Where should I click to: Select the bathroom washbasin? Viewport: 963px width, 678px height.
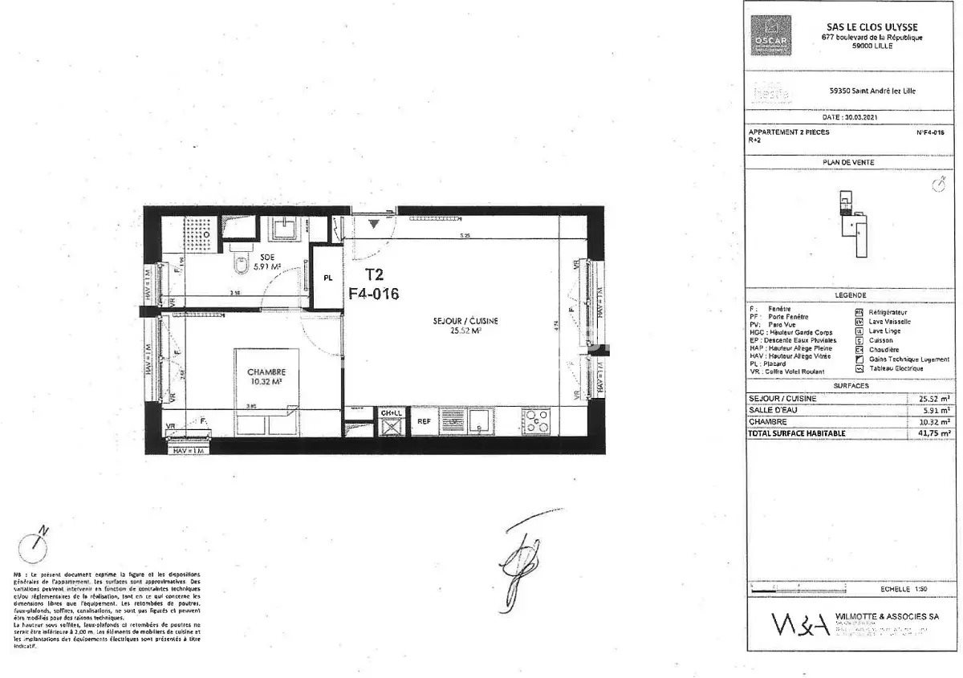click(x=283, y=229)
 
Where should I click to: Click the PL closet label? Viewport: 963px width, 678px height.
click(x=328, y=278)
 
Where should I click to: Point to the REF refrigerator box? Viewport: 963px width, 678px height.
click(x=424, y=420)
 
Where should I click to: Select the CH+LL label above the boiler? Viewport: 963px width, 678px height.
click(x=391, y=412)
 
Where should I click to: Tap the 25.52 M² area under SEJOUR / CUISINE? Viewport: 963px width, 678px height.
click(x=465, y=329)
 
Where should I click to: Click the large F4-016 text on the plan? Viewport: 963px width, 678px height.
click(x=373, y=294)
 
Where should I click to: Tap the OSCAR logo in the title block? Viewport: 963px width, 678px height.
click(x=771, y=37)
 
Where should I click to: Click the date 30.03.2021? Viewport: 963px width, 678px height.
click(x=851, y=116)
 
